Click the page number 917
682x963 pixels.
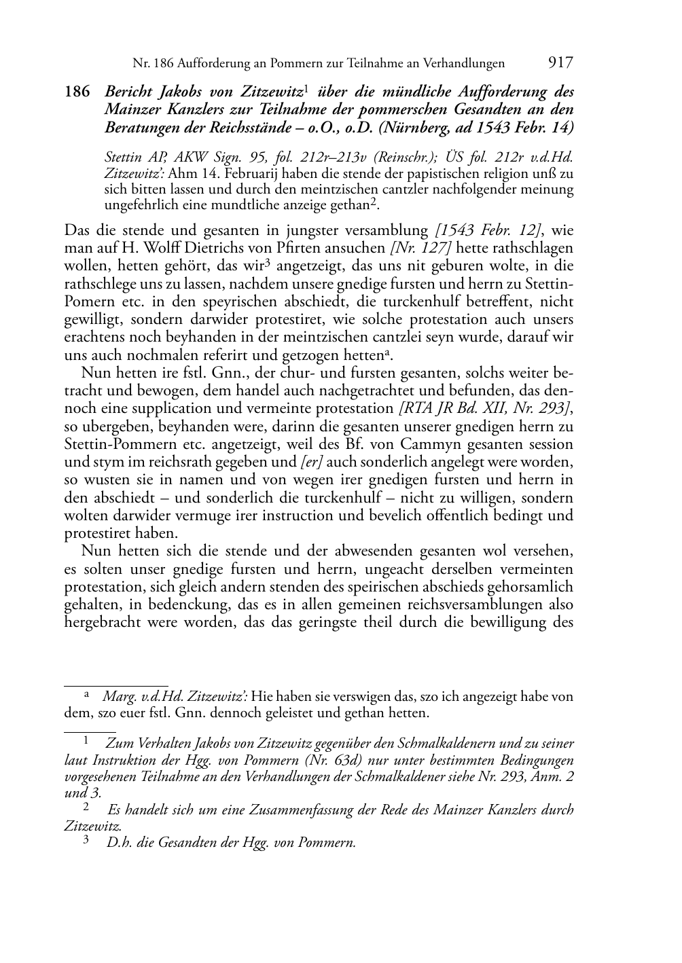(x=560, y=63)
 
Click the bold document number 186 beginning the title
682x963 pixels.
(x=77, y=92)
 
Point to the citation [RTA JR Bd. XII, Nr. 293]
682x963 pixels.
(x=485, y=409)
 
